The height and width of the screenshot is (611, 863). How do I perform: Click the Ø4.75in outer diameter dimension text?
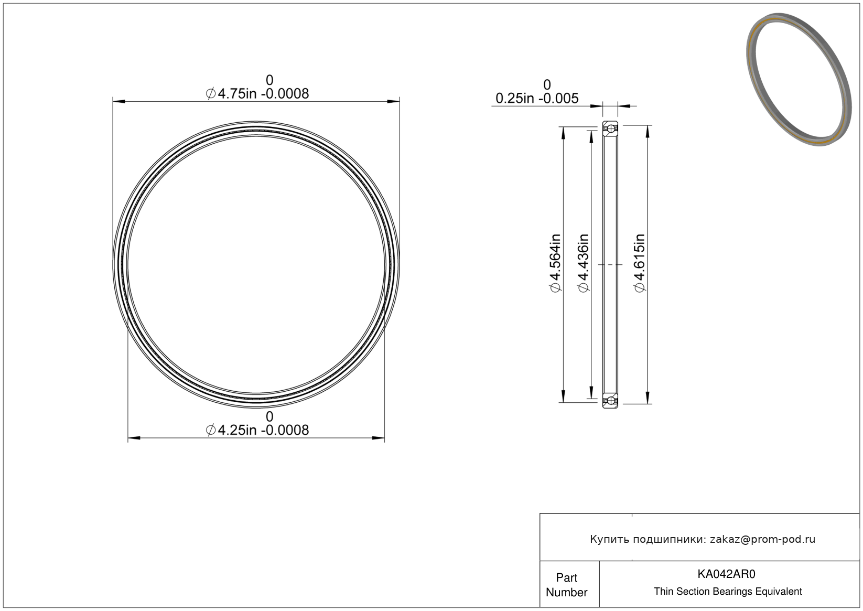click(257, 94)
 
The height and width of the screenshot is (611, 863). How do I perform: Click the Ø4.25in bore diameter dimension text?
click(257, 430)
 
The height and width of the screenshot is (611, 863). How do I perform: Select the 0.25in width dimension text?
click(537, 98)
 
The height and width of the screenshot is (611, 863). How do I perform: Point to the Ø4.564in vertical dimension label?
click(555, 263)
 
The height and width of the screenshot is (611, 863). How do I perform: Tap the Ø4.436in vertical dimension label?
click(584, 263)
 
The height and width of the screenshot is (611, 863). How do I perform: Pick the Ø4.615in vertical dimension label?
click(640, 263)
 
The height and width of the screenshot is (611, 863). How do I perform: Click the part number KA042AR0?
click(726, 574)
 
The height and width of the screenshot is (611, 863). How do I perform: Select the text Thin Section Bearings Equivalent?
click(728, 592)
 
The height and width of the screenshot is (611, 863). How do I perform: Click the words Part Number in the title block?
click(566, 585)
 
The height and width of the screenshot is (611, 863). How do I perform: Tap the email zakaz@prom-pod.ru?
click(762, 539)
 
